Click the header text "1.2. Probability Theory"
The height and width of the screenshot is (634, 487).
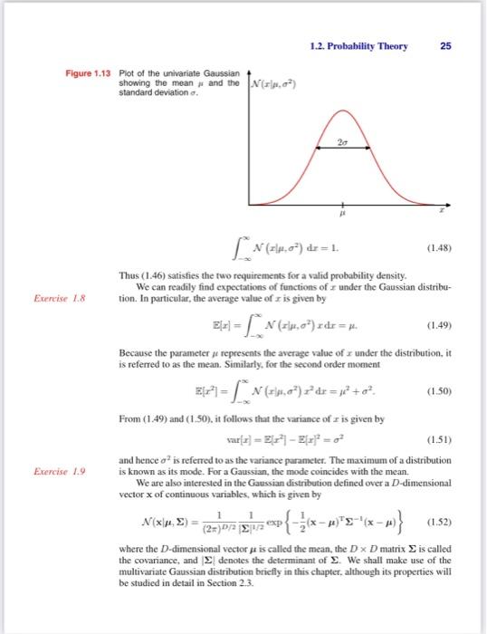click(x=370, y=46)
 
